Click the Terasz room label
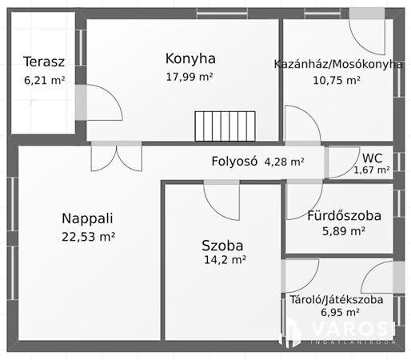[x=44, y=62]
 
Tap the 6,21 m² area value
[x=44, y=80]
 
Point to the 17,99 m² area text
[x=190, y=77]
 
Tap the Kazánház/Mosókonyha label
[x=338, y=64]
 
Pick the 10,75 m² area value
[x=337, y=81]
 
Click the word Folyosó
[x=234, y=161]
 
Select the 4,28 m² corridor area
[x=284, y=162]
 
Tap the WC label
[x=372, y=158]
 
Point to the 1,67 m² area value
[x=372, y=170]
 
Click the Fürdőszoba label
[x=344, y=215]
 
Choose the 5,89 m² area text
[x=343, y=231]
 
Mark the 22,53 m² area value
[x=88, y=236]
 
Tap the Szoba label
[x=222, y=246]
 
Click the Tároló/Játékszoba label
[x=336, y=300]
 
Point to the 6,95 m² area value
[x=336, y=314]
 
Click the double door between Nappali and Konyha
[x=116, y=156]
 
